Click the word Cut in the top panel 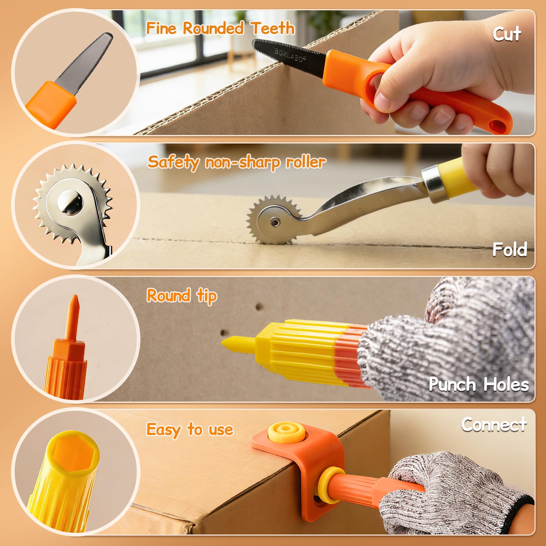pos(507,34)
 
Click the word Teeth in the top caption pos(273,29)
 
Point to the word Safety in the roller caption pos(173,162)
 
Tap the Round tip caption pos(182,296)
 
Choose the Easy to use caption pos(190,430)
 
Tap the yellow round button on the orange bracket pos(286,433)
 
